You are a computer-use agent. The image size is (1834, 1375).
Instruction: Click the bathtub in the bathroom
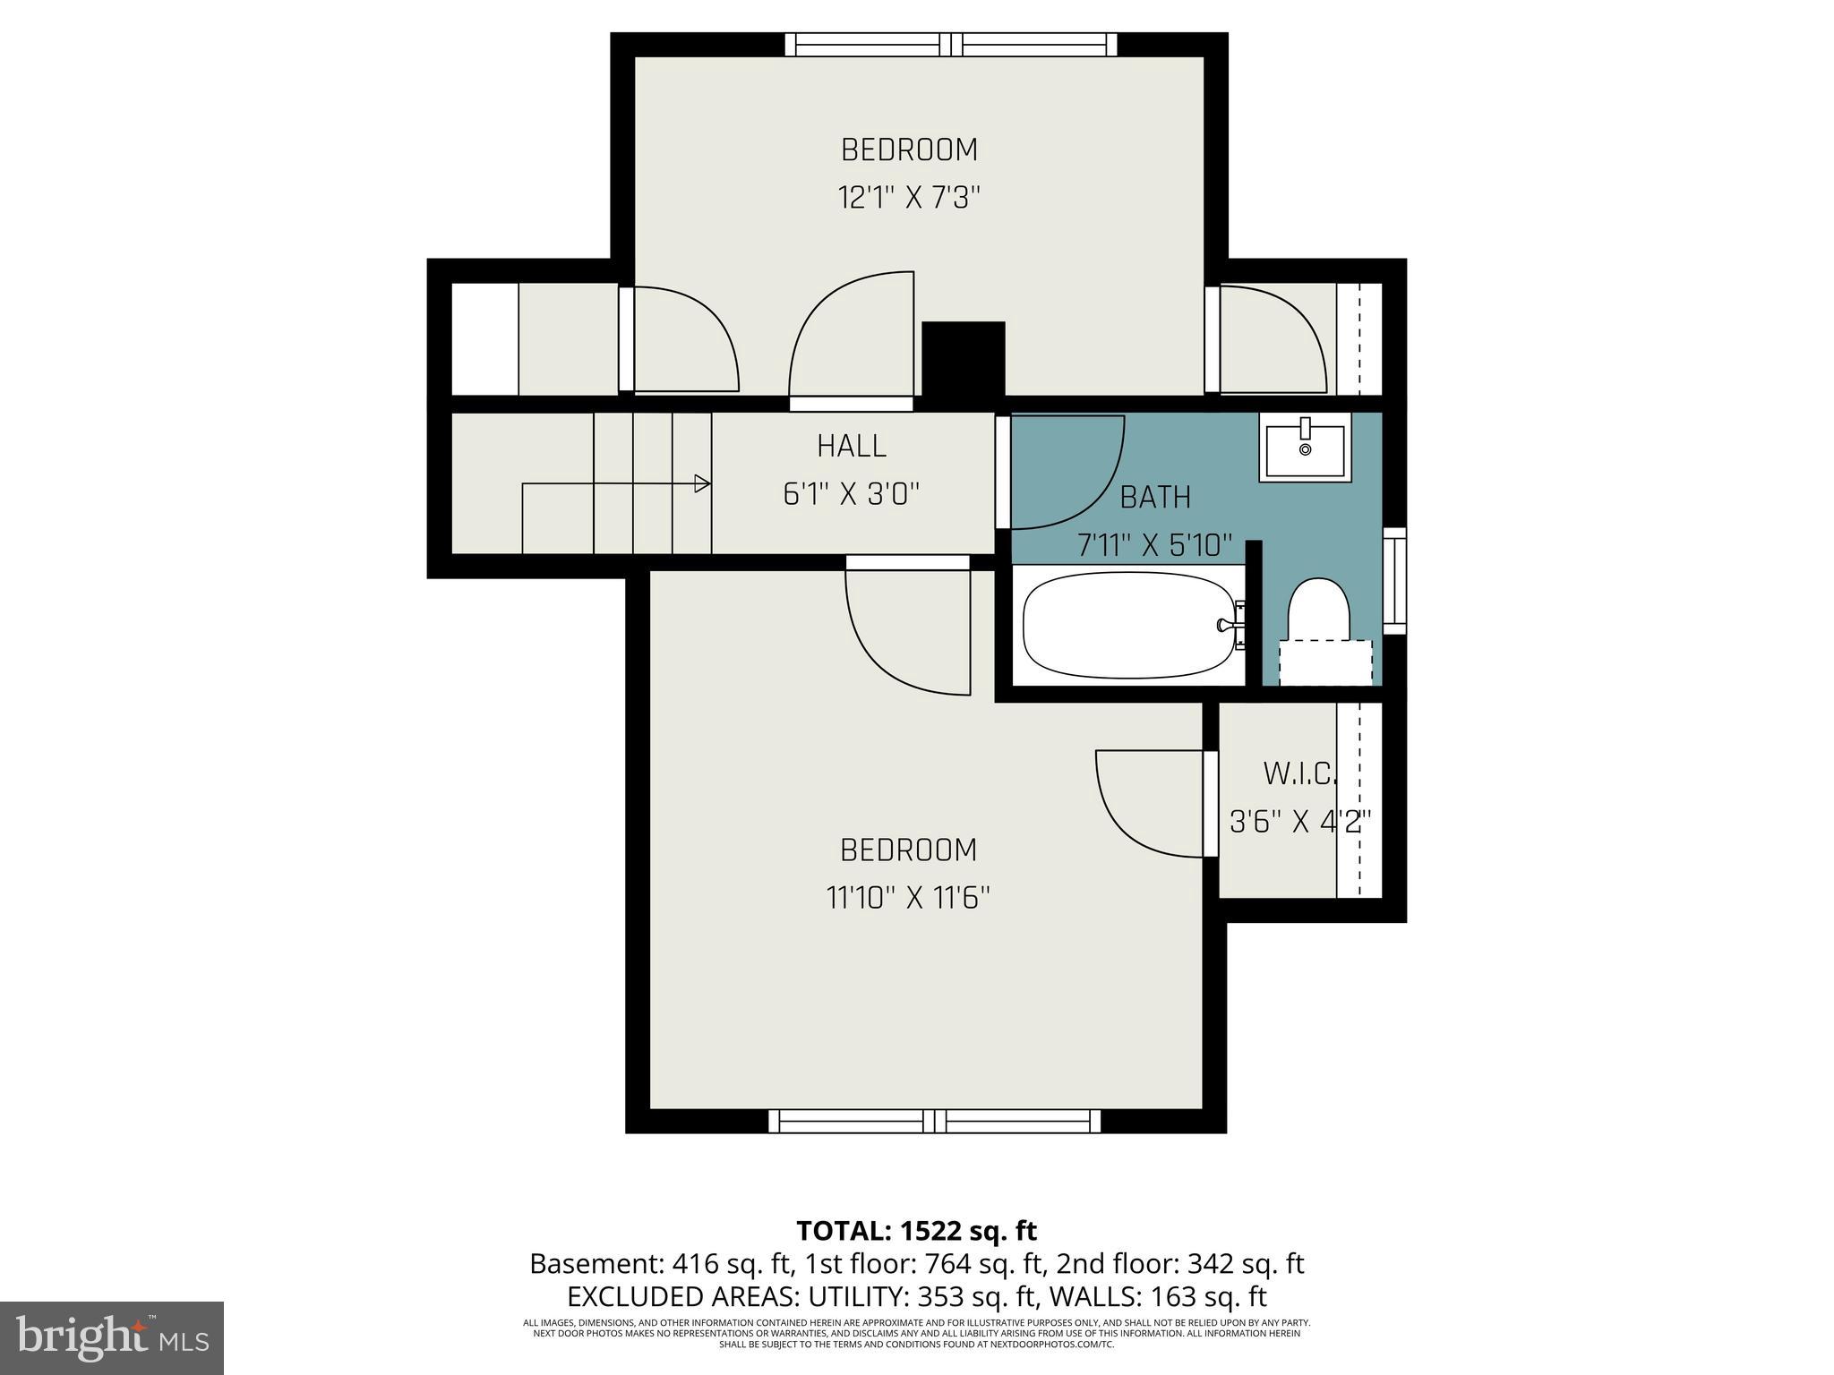pos(1130,625)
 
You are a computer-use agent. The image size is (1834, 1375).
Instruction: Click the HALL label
pos(852,446)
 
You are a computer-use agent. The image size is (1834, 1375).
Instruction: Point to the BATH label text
pos(1155,497)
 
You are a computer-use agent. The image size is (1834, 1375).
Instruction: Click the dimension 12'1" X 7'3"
pos(909,197)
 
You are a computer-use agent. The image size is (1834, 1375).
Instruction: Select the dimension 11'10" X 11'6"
pos(907,897)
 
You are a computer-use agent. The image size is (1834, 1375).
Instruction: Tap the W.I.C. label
pos(1299,773)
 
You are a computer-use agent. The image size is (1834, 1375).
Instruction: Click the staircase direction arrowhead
pos(703,484)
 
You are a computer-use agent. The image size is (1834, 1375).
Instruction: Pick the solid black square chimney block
pos(963,359)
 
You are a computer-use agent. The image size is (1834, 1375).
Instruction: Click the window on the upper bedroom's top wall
pos(951,45)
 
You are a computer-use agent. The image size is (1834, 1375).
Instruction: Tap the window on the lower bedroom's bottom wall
pos(934,1121)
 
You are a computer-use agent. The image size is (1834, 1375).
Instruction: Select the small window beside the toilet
pos(1394,581)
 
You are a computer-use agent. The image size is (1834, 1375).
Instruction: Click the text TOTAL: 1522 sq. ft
pos(916,1231)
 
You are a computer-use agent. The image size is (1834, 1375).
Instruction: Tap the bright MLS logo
pos(112,1337)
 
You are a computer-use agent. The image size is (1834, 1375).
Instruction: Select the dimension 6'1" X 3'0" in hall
pos(852,494)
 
